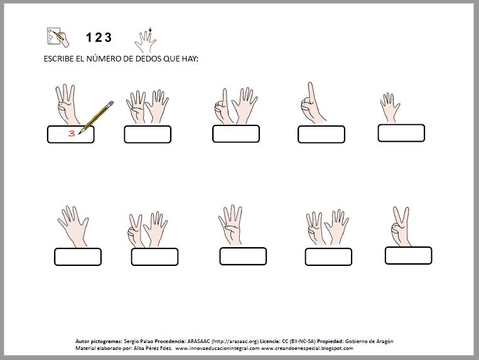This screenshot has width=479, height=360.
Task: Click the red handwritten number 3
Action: click(x=72, y=134)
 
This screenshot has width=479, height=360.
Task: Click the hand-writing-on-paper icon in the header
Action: click(x=58, y=37)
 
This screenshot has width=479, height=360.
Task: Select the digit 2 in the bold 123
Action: click(x=99, y=38)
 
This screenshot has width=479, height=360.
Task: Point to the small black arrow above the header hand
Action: click(x=150, y=30)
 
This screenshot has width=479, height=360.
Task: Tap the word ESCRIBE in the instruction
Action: click(x=58, y=59)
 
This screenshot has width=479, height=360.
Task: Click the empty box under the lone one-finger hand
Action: click(x=321, y=135)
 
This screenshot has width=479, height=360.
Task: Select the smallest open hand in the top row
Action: click(x=390, y=107)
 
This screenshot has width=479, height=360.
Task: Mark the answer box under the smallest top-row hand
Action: click(x=401, y=133)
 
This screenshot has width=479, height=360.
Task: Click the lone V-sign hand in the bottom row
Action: click(x=401, y=226)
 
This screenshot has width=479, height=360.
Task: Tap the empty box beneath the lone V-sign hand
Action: click(x=409, y=256)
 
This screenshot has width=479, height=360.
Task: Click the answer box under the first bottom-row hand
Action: click(x=78, y=257)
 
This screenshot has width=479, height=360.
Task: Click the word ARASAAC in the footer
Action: click(x=198, y=341)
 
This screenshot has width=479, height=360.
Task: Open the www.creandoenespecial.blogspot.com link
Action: click(x=307, y=348)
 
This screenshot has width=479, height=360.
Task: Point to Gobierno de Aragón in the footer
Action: click(x=369, y=341)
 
